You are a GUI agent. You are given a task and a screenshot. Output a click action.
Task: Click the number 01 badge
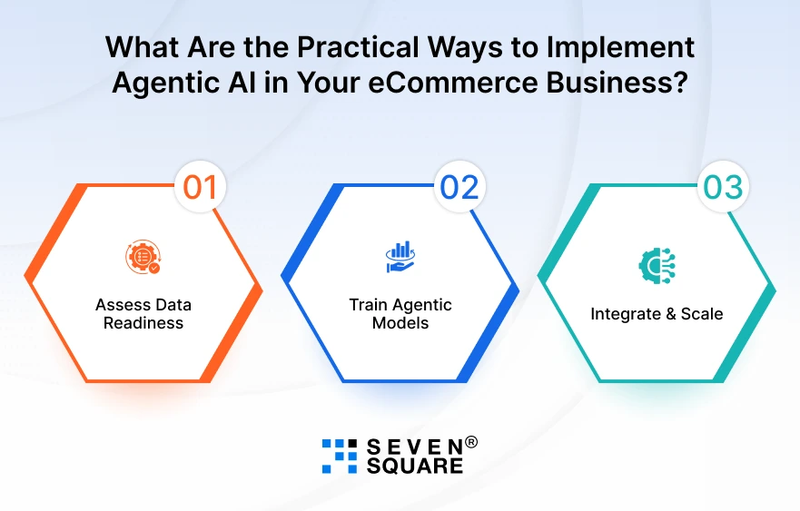tap(200, 188)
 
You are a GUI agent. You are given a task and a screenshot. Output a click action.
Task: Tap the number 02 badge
tap(459, 188)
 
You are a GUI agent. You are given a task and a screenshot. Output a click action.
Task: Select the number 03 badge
tap(723, 188)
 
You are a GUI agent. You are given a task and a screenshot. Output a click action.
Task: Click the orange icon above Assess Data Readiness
tap(143, 257)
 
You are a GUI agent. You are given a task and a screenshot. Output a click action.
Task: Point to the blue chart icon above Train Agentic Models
tap(400, 257)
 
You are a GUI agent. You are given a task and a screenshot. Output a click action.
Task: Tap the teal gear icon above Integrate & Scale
tap(657, 264)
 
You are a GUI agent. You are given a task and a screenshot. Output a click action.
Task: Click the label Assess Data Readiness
tap(143, 313)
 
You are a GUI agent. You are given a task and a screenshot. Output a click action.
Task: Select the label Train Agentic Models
tap(400, 313)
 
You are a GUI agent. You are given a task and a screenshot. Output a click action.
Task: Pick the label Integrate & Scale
tap(657, 314)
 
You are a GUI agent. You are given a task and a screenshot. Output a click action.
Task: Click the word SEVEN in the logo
tap(414, 447)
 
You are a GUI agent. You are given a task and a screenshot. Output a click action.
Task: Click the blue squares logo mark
tap(340, 457)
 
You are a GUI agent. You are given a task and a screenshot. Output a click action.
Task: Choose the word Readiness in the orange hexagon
tap(143, 322)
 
